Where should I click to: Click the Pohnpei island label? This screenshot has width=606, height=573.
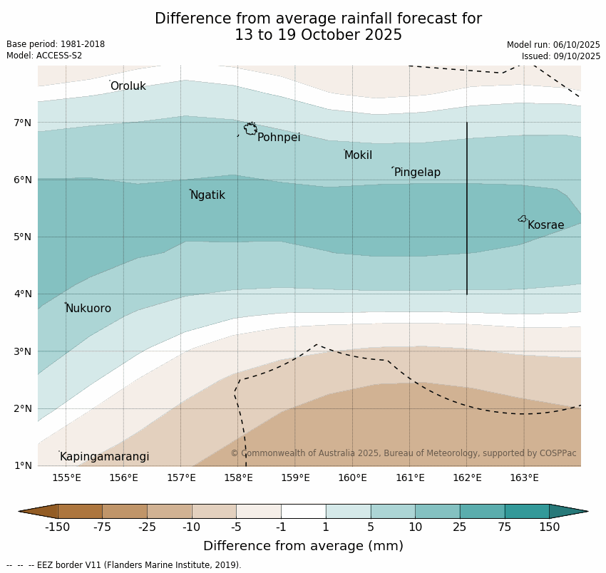point(279,138)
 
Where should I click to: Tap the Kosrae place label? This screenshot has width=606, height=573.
point(545,225)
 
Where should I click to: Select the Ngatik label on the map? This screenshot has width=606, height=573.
point(207,195)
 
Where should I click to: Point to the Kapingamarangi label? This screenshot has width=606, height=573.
point(104,457)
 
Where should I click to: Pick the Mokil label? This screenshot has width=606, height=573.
point(358,155)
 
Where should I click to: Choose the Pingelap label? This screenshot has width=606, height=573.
point(417,172)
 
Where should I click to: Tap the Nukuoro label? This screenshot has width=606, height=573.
point(88,309)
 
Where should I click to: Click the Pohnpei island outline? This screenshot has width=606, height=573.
point(250,129)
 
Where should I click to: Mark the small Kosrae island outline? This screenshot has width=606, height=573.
point(523,219)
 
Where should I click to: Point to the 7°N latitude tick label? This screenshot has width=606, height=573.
point(23,123)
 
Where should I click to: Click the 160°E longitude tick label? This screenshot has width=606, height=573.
point(352,477)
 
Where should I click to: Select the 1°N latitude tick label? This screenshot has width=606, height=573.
point(23,466)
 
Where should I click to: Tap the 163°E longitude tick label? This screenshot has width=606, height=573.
point(524,477)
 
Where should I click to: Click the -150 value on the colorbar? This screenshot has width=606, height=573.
point(57,527)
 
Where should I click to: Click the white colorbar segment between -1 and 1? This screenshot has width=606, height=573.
point(303,511)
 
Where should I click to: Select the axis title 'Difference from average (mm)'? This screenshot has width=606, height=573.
point(303,547)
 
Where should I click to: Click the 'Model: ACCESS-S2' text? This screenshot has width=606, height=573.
point(44,56)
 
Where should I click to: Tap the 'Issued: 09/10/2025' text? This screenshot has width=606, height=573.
point(560,56)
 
